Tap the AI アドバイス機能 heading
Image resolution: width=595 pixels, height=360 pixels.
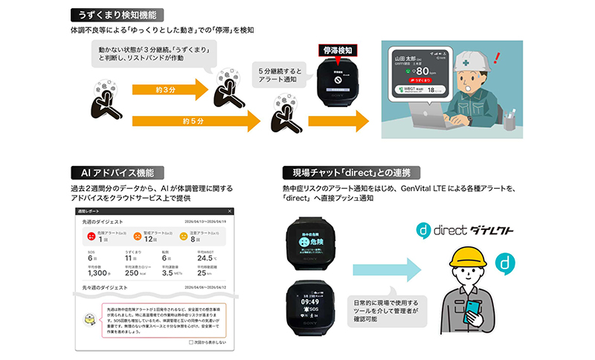pos(111,173)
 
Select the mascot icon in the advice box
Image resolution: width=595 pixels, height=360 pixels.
pos(90,319)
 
